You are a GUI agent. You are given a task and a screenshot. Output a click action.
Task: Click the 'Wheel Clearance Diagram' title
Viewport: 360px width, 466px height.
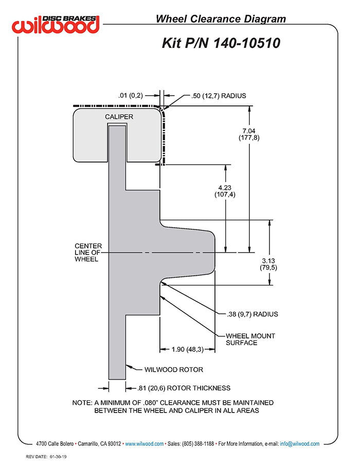(x=221, y=19)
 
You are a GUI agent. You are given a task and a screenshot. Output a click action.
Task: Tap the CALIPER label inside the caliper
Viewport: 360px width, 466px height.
(x=119, y=117)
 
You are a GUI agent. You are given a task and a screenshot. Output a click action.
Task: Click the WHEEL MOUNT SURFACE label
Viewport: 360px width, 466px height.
(x=250, y=339)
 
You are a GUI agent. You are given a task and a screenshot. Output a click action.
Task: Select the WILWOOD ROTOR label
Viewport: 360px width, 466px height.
(x=173, y=369)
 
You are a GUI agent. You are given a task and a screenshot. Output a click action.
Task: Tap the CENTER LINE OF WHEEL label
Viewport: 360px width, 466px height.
(x=88, y=252)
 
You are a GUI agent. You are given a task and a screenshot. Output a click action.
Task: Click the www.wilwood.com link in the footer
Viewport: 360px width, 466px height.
(x=145, y=443)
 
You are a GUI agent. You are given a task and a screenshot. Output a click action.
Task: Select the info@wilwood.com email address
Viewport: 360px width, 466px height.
(x=300, y=443)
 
